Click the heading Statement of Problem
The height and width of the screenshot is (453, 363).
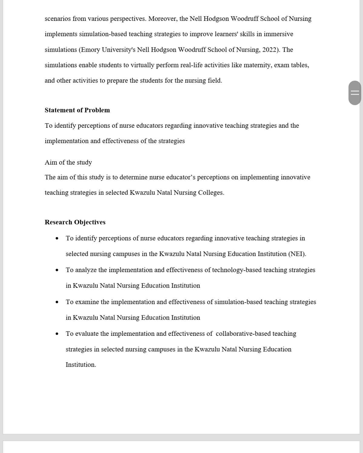click(77, 110)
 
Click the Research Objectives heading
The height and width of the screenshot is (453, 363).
click(75, 222)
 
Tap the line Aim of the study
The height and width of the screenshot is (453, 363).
click(68, 162)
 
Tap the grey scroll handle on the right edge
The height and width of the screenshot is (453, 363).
click(355, 93)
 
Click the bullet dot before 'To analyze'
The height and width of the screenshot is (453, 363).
click(57, 270)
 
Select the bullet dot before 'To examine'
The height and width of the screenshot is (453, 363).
click(57, 302)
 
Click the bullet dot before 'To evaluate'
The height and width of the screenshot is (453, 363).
click(57, 334)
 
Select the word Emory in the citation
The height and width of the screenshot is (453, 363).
click(90, 50)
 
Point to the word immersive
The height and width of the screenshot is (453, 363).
click(278, 34)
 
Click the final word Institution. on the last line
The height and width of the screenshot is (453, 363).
click(81, 365)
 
